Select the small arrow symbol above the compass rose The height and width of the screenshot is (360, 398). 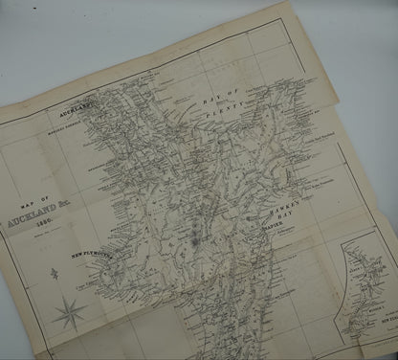[x=53, y=278]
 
